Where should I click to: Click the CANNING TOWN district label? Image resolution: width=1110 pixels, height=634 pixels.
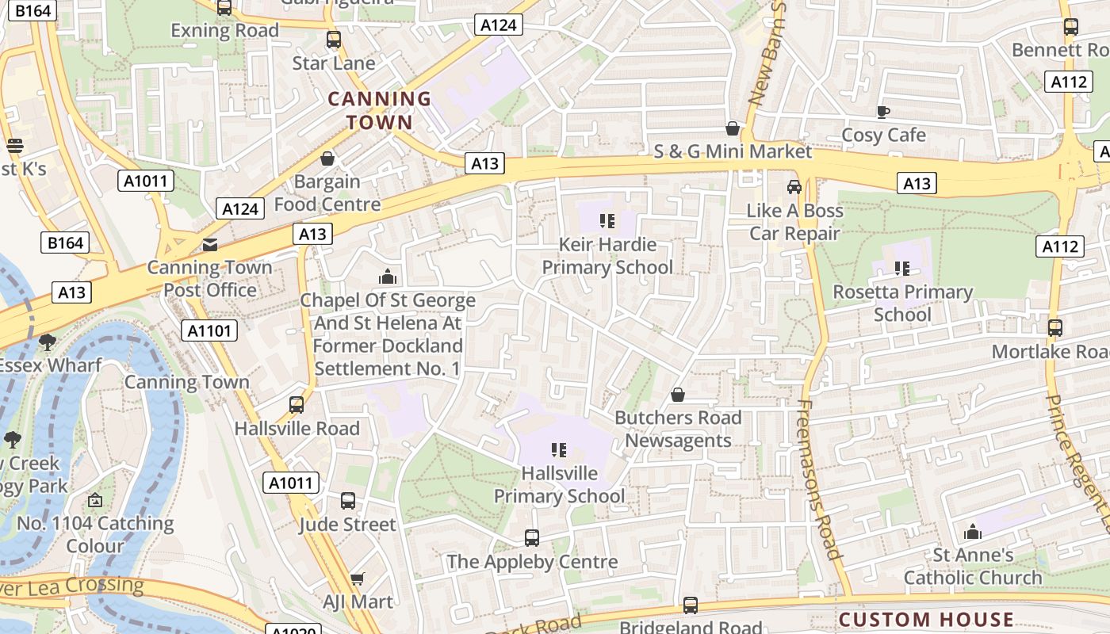click(x=380, y=111)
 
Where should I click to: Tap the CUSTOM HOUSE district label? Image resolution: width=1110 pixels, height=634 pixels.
click(x=926, y=620)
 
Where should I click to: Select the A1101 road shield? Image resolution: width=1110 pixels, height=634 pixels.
click(x=209, y=330)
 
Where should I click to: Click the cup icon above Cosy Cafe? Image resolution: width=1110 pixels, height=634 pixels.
click(x=883, y=112)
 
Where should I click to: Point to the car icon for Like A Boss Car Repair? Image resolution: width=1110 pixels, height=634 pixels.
click(x=794, y=187)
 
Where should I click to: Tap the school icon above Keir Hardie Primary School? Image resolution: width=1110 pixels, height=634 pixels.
click(x=607, y=220)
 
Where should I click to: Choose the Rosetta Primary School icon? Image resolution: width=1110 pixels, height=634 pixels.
click(x=902, y=269)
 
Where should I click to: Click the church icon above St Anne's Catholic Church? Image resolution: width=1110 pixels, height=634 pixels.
click(x=973, y=532)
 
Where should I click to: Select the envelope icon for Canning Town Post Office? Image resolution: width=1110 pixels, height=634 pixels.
click(x=209, y=244)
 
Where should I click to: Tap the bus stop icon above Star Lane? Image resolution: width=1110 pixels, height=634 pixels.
click(x=334, y=40)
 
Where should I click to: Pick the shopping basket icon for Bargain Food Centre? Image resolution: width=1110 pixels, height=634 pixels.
click(x=327, y=158)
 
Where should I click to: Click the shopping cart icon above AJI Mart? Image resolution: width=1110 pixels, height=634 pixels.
click(x=358, y=579)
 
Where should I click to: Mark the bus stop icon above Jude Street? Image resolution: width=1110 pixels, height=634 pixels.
click(x=348, y=501)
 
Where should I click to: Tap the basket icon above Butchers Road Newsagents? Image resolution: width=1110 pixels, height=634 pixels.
click(x=678, y=395)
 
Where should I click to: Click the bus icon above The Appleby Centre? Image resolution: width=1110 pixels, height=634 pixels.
click(x=532, y=538)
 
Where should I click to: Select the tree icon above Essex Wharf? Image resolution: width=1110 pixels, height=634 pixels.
click(x=48, y=342)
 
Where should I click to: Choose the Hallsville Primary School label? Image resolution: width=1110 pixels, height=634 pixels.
click(x=560, y=484)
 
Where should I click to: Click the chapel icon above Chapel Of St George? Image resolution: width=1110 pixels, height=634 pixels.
click(x=388, y=277)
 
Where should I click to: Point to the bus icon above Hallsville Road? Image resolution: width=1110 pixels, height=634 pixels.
click(x=297, y=405)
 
